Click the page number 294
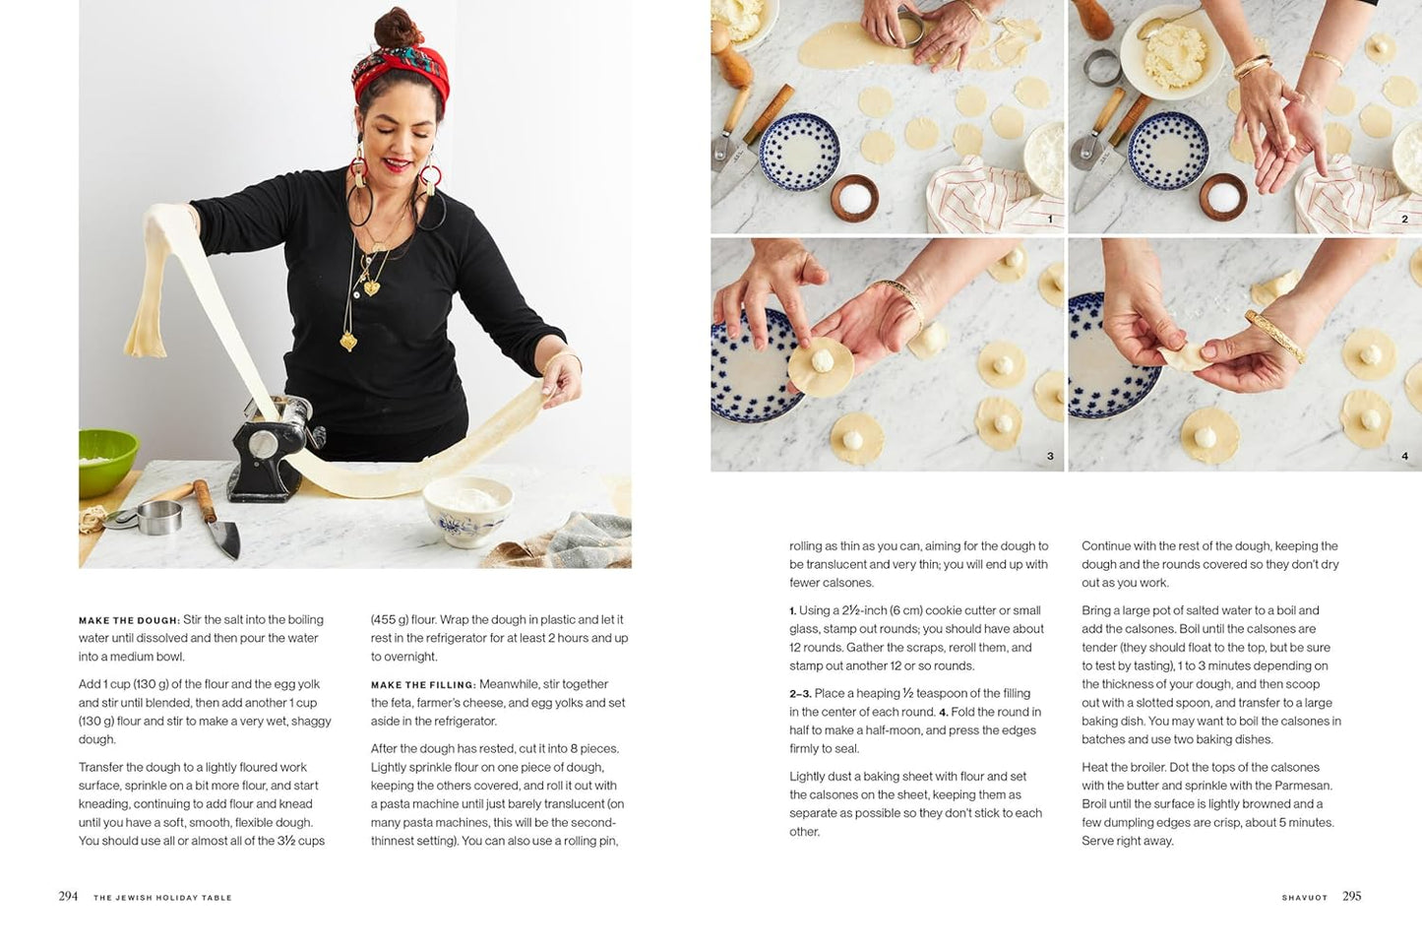[x=68, y=896]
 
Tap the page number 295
[x=1351, y=896]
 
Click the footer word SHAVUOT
[x=1305, y=898]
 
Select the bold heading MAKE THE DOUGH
[x=129, y=620]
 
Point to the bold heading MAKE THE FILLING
[x=423, y=685]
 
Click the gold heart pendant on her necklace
[x=371, y=288]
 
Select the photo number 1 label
[x=1050, y=220]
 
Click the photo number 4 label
[x=1404, y=456]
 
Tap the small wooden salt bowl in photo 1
[x=854, y=198]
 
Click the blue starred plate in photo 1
[x=799, y=152]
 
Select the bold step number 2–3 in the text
[x=800, y=694]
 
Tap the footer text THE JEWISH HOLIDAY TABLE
[x=162, y=898]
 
